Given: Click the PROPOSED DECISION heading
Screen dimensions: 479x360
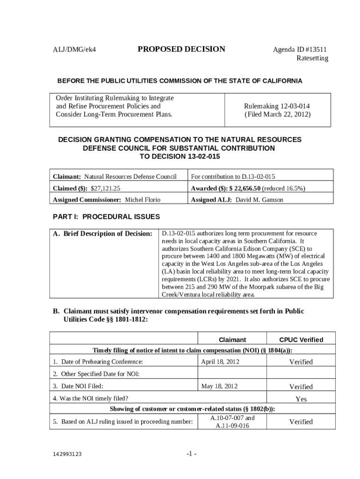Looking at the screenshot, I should pyautogui.click(x=181, y=49).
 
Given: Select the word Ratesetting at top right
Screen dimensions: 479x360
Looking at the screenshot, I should pyautogui.click(x=312, y=58).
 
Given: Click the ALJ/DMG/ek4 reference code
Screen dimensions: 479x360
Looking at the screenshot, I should pyautogui.click(x=77, y=50).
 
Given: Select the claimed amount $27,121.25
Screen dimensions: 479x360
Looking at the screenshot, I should pyautogui.click(x=106, y=188).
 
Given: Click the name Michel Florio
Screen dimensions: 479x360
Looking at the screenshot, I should pyautogui.click(x=143, y=200).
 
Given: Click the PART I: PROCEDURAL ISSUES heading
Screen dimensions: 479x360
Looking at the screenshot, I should pyautogui.click(x=106, y=217).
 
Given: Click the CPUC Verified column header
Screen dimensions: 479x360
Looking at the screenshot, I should pyautogui.click(x=301, y=340).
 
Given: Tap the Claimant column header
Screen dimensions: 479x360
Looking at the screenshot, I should pyautogui.click(x=232, y=340).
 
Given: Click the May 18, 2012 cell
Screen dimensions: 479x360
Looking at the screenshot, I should pyautogui.click(x=219, y=386).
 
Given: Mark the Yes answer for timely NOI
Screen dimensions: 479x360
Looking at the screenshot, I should pyautogui.click(x=301, y=399).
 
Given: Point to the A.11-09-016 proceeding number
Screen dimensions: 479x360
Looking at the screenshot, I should pyautogui.click(x=232, y=426).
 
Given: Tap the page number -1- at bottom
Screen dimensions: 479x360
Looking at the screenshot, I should pyautogui.click(x=191, y=454).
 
